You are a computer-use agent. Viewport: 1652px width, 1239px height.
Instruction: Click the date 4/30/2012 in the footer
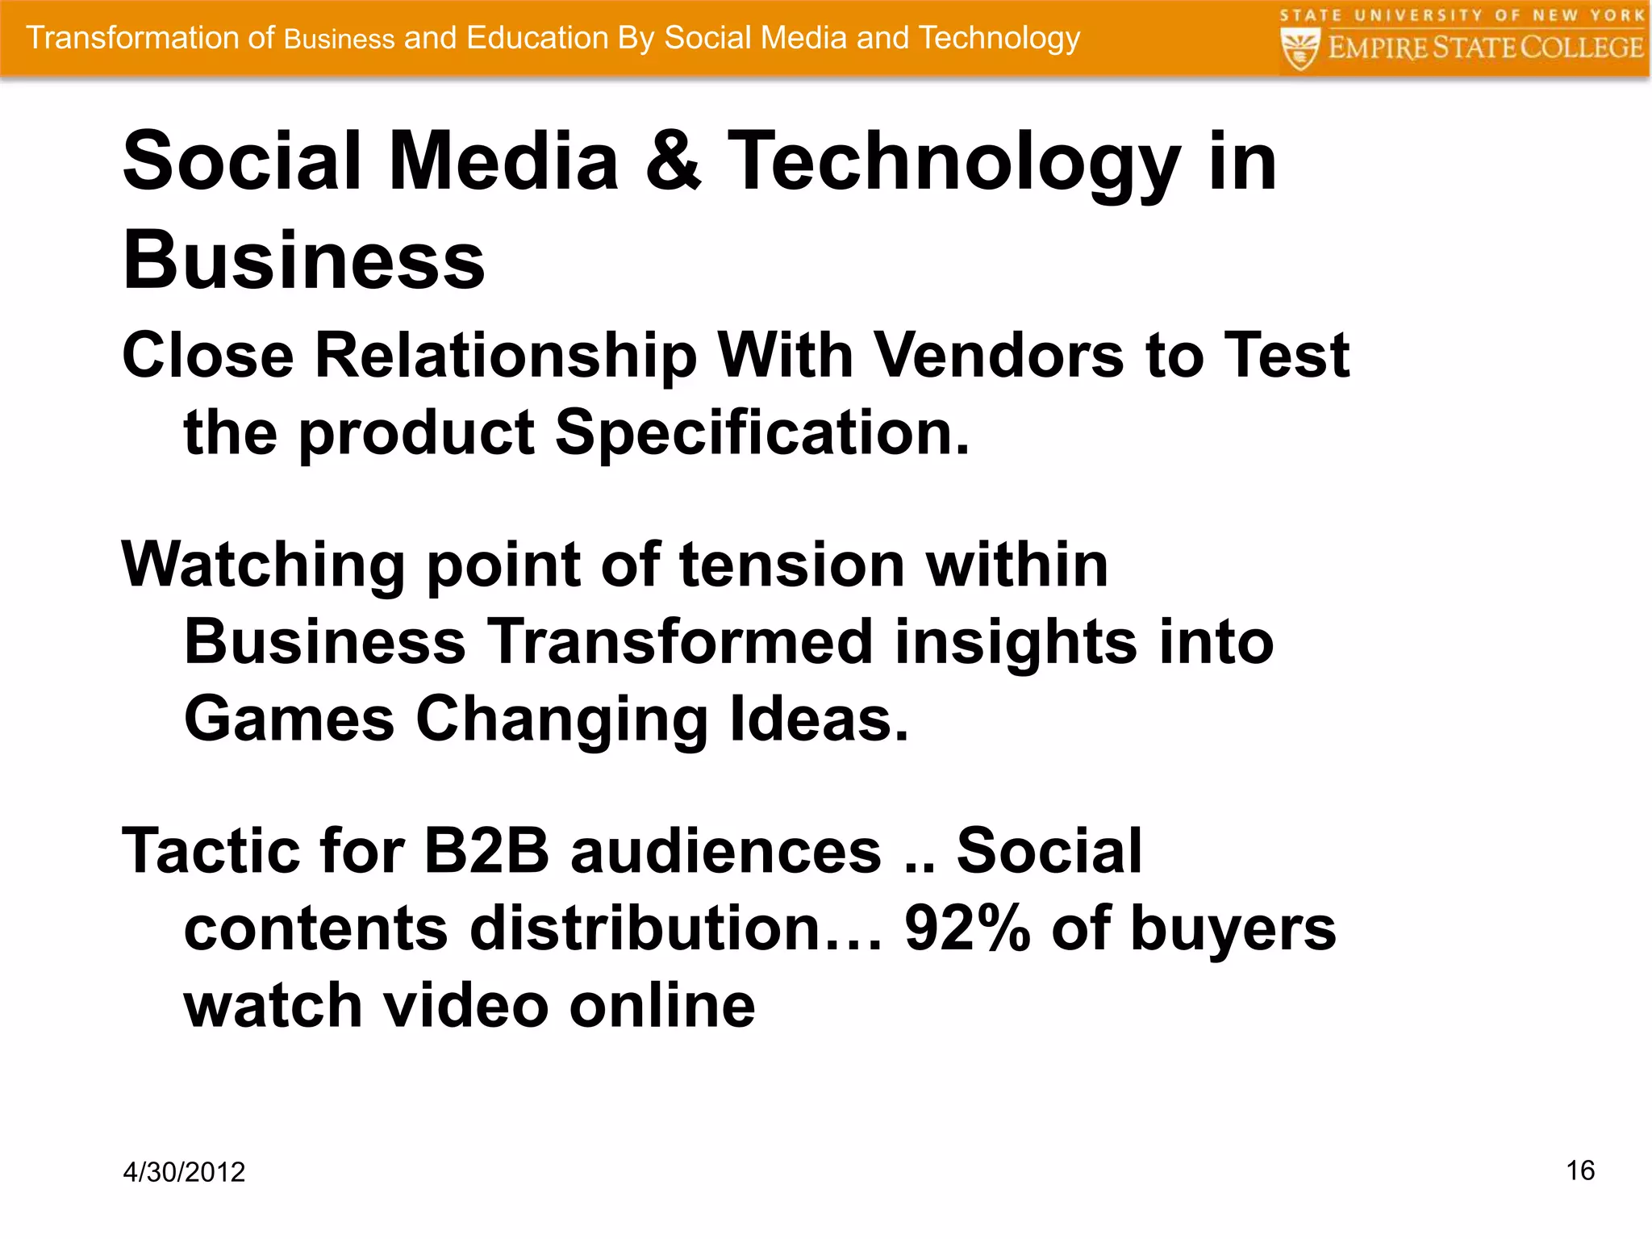point(184,1172)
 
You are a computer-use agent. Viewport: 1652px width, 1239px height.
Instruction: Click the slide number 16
point(1580,1170)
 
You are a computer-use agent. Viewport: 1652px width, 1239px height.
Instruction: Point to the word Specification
point(761,433)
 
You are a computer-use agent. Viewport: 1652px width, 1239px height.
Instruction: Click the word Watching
point(263,565)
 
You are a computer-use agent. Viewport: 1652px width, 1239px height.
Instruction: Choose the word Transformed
point(682,642)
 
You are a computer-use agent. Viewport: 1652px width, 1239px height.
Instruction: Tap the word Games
point(289,720)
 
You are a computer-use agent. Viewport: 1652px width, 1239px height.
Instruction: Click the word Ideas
point(819,720)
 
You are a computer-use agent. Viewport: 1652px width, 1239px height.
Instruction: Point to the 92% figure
point(967,928)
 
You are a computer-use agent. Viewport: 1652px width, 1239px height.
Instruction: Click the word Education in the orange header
point(537,38)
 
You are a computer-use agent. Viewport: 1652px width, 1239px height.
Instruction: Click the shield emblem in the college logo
point(1299,48)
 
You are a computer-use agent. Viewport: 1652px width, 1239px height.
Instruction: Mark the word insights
point(1015,642)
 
